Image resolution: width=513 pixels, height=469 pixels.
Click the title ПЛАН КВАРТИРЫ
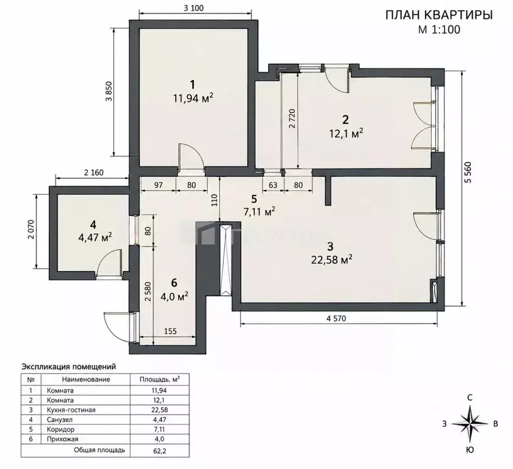coord(439,15)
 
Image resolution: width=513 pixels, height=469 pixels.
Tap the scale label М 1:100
coord(439,30)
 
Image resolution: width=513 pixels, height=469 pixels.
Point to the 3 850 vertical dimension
coord(109,92)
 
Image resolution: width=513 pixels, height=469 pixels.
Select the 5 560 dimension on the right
coord(468,172)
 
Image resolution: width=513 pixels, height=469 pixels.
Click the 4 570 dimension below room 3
coord(336,318)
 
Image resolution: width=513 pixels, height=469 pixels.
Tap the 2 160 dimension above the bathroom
coord(93,172)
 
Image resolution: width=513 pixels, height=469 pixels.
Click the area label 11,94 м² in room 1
coord(194,98)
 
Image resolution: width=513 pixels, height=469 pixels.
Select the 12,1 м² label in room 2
coord(345,133)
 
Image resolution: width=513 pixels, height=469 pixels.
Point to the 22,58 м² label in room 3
coord(332,260)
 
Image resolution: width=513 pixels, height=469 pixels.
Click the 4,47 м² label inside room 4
coord(95,237)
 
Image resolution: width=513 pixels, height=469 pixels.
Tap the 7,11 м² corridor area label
coord(260,212)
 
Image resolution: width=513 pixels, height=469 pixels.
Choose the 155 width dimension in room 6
coord(170,332)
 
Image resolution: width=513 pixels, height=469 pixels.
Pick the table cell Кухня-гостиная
coord(71,410)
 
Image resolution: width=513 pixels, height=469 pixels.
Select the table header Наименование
coord(86,379)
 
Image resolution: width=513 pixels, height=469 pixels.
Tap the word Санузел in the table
coord(60,420)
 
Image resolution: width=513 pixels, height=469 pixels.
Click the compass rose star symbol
coord(470,424)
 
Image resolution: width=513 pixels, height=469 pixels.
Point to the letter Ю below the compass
coord(470,450)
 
